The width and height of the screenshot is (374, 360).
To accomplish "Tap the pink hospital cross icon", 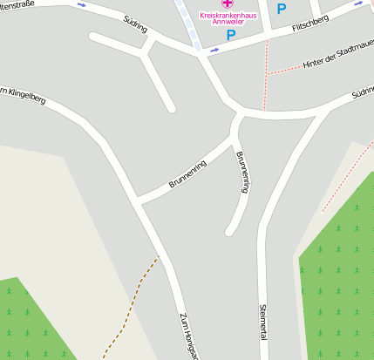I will [x=228, y=3].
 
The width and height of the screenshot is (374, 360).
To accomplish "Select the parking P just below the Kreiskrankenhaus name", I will [x=231, y=35].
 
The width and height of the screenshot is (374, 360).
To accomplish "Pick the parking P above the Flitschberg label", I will [x=281, y=9].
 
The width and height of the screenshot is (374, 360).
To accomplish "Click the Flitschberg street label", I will [x=310, y=26].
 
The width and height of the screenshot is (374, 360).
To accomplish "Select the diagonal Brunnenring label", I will [x=187, y=174].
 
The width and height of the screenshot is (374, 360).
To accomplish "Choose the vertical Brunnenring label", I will [x=243, y=172].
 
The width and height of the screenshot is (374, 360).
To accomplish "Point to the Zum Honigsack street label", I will [x=190, y=336].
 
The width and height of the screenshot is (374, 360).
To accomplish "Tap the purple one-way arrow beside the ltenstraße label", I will [x=82, y=4].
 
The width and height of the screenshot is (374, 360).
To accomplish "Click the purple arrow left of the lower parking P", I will [x=214, y=50].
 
